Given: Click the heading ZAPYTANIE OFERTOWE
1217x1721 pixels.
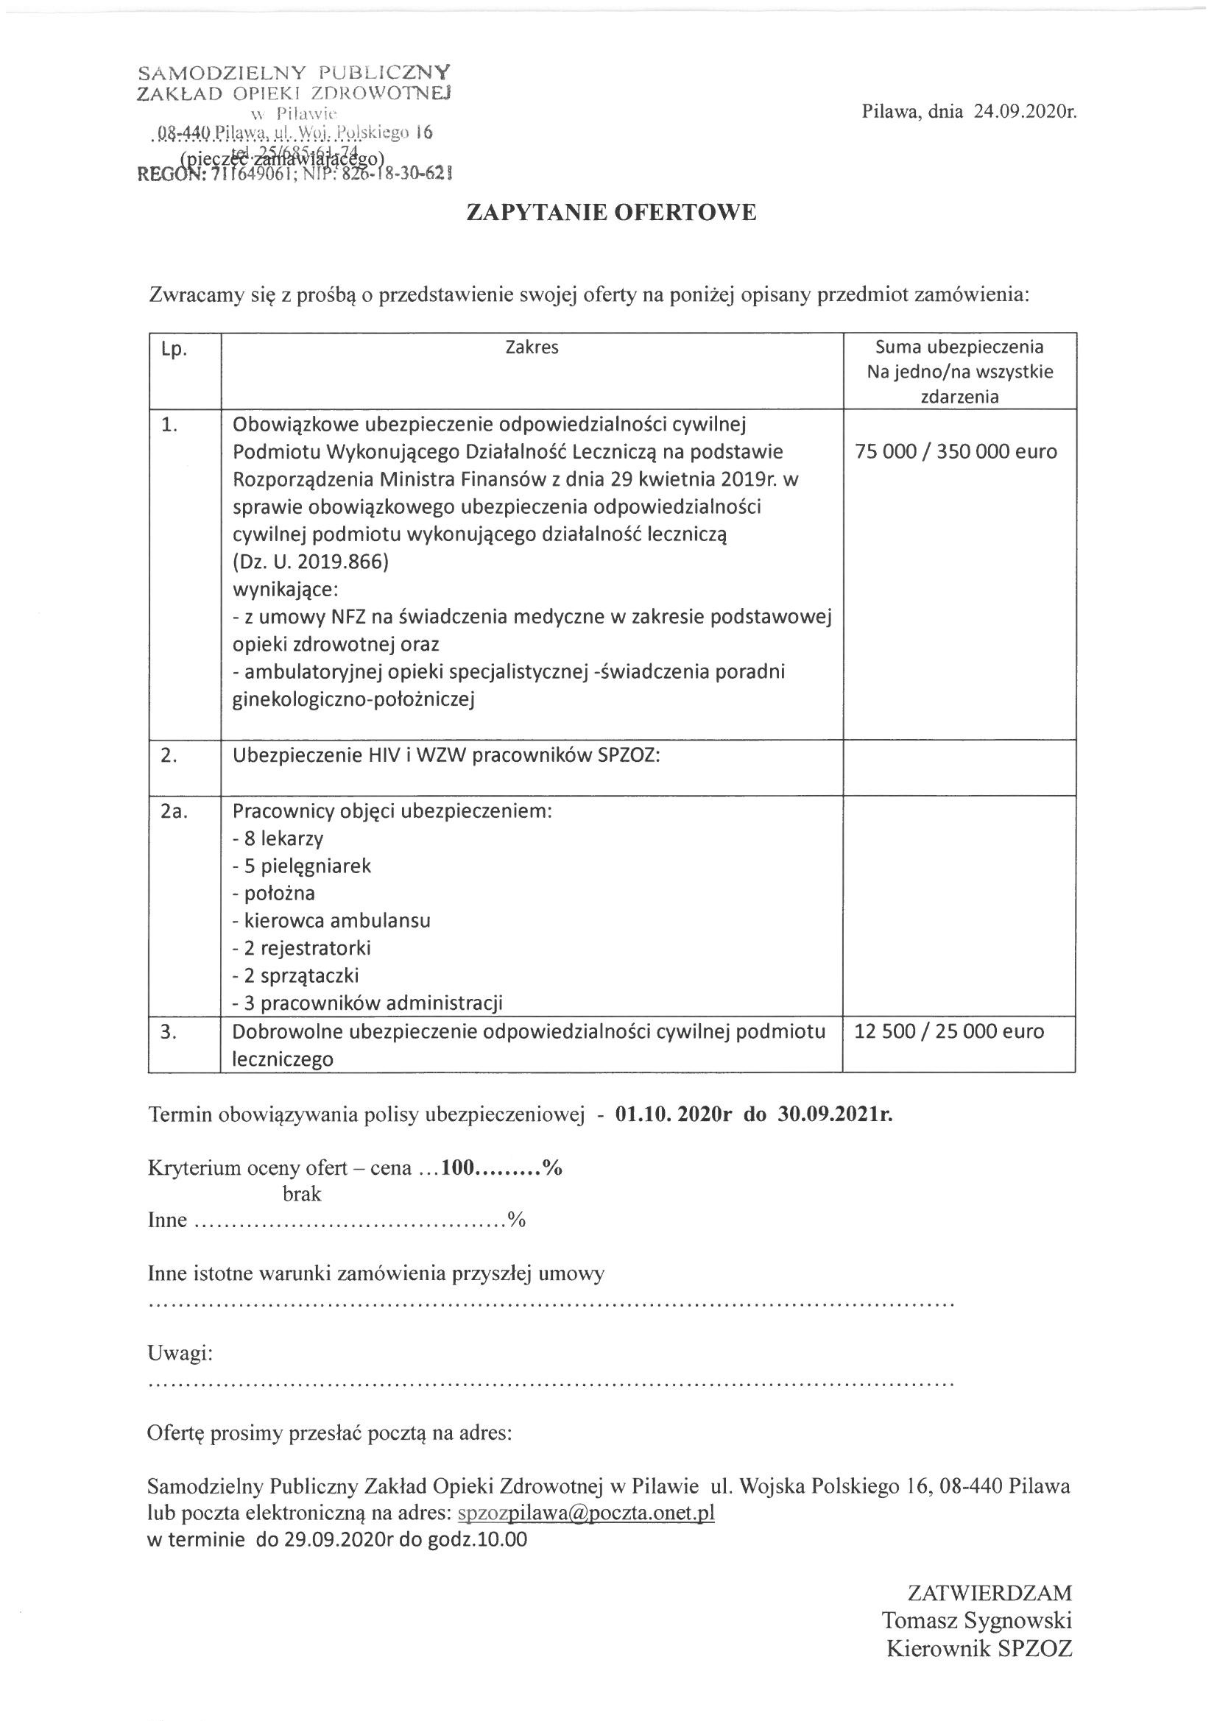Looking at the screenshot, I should click(x=611, y=213).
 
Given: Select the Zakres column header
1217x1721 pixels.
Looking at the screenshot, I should click(x=532, y=347).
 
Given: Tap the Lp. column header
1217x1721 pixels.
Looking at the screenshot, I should click(x=174, y=349).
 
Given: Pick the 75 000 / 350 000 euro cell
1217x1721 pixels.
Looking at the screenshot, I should click(x=956, y=451).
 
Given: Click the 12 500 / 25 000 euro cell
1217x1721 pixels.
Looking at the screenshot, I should click(x=948, y=1031).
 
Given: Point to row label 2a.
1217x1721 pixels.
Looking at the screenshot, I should click(x=173, y=812).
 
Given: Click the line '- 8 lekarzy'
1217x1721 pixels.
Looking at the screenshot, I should click(x=278, y=838).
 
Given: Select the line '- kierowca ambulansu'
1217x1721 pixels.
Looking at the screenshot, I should click(x=331, y=920).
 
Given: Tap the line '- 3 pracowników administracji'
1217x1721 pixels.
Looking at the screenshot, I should click(x=367, y=1003).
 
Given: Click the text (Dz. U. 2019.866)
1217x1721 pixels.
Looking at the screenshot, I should click(x=311, y=562).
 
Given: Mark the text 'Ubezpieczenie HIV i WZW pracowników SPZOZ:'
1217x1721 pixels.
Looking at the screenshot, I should click(x=446, y=755).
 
